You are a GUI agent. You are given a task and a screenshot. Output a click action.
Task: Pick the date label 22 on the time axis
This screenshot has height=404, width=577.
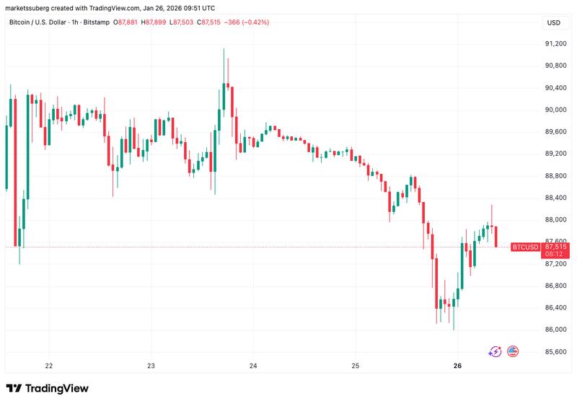49,366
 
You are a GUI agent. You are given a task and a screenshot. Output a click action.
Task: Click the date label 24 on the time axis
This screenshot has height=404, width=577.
253,366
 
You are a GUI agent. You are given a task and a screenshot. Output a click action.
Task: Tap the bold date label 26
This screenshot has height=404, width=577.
458,366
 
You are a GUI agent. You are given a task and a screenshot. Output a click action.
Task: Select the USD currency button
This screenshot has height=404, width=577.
553,23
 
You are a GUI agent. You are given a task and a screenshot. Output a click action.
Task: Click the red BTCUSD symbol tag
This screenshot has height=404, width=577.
524,247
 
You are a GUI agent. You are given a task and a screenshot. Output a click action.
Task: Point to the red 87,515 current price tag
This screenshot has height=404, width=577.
555,247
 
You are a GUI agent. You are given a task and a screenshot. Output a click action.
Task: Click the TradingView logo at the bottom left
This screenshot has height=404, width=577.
48,388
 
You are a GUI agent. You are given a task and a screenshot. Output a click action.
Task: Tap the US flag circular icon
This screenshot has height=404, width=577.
514,351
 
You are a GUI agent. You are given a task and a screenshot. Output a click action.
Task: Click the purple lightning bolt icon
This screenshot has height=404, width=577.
495,351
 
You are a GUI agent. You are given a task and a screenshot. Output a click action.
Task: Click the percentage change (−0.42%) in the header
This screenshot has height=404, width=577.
255,22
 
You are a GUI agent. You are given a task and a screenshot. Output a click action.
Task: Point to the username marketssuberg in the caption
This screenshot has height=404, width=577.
29,7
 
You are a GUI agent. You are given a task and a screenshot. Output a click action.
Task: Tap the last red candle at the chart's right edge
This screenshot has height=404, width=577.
496,237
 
